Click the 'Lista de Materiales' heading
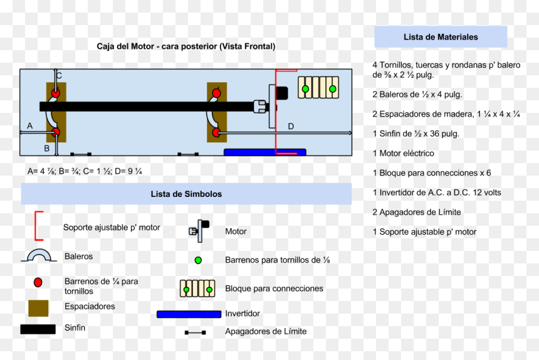441,37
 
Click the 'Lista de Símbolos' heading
186,194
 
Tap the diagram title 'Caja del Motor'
125,46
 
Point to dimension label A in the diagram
30,126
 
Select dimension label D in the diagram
291,127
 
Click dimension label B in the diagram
47,148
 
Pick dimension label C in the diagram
59,76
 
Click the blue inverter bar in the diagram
264,152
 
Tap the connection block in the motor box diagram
318,88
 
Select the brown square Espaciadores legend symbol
38,308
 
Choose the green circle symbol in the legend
198,260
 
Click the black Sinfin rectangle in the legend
38,329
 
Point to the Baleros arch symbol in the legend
39,251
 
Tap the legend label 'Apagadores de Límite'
266,331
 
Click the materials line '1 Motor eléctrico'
403,154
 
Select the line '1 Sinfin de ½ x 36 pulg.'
416,134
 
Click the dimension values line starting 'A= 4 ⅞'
85,171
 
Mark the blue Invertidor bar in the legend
189,314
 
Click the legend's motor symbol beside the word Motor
199,231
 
